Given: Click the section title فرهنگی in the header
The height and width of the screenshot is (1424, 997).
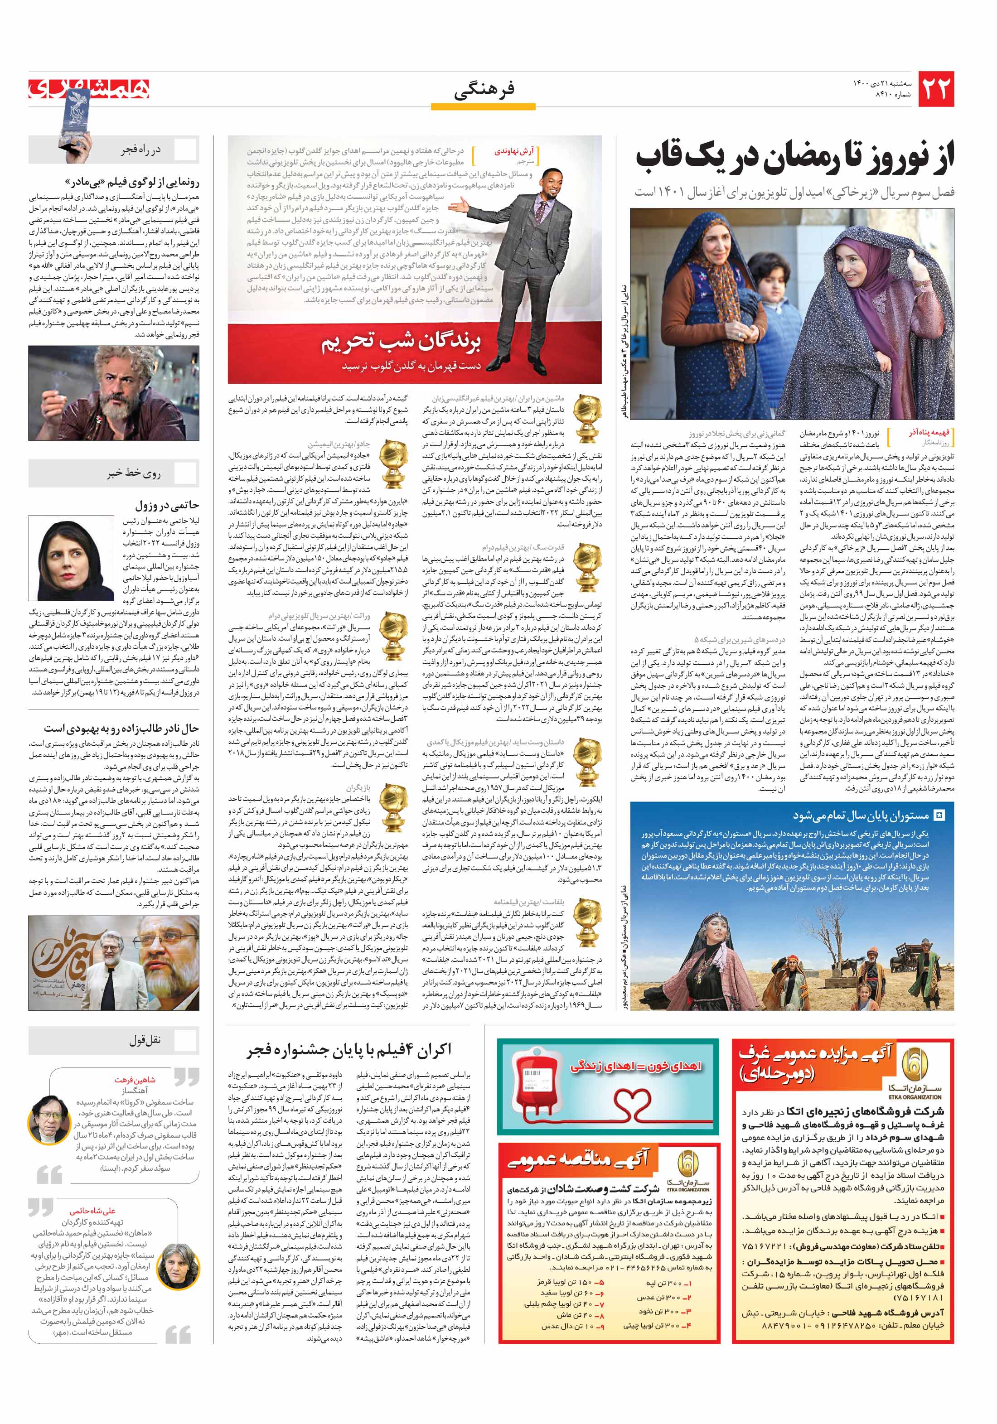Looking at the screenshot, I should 484,92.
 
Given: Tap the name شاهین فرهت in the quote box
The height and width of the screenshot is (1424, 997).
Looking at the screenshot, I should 135,1080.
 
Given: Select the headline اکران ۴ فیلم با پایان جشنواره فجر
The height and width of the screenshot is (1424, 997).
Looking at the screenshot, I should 349,1049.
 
